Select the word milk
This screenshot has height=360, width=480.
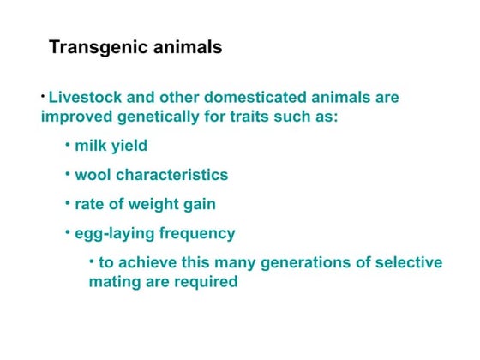pyautogui.click(x=91, y=146)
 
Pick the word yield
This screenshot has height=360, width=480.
pyautogui.click(x=129, y=147)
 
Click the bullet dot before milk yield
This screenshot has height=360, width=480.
pyautogui.click(x=68, y=143)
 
